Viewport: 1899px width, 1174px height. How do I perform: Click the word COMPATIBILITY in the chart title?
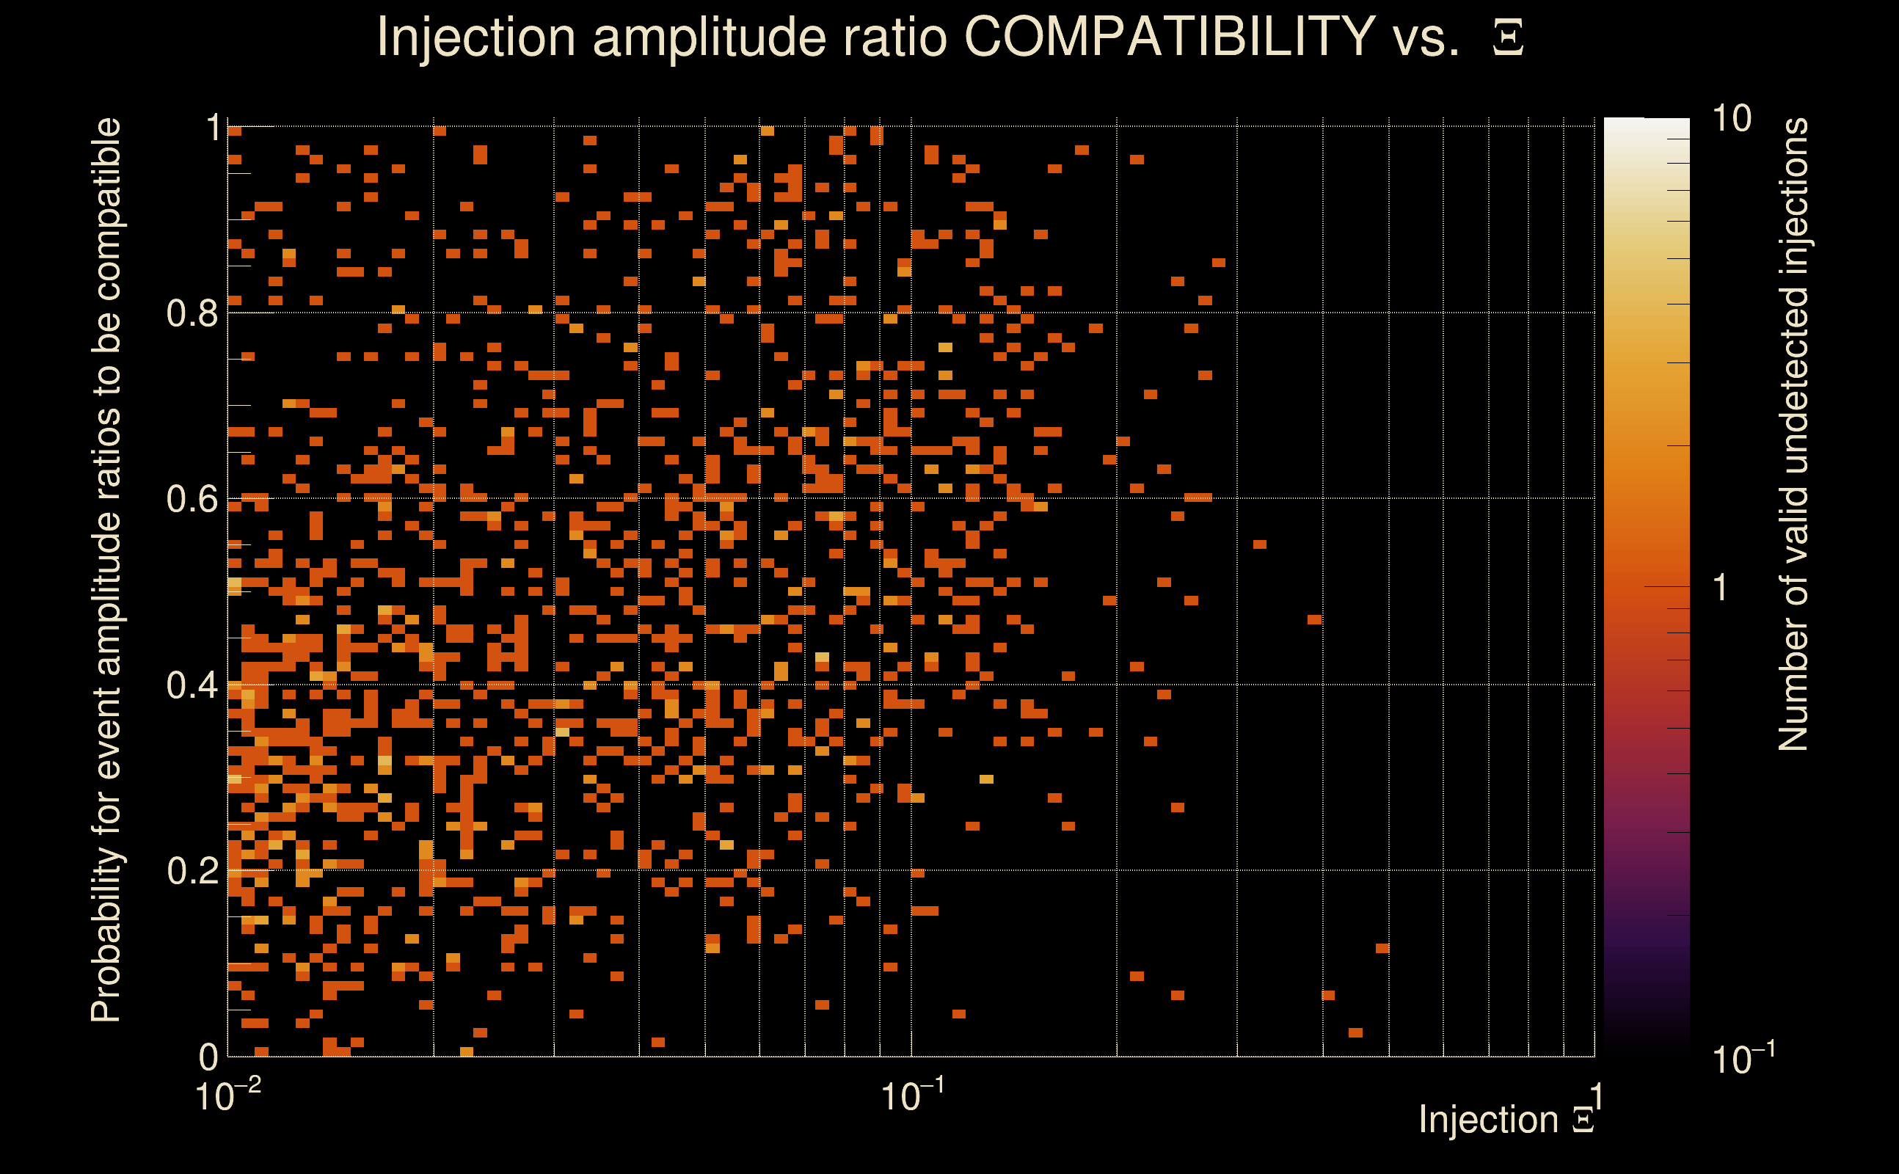pyautogui.click(x=1169, y=37)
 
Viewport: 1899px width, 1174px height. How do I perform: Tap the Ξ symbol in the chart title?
pyautogui.click(x=1508, y=38)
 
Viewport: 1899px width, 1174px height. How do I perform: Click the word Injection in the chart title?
pyautogui.click(x=475, y=37)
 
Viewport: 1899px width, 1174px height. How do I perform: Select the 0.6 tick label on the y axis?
pyautogui.click(x=192, y=498)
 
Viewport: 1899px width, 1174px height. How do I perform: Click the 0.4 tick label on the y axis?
pyautogui.click(x=192, y=685)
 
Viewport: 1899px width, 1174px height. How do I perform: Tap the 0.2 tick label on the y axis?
pyautogui.click(x=192, y=870)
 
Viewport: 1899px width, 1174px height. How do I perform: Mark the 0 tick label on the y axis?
pyautogui.click(x=208, y=1057)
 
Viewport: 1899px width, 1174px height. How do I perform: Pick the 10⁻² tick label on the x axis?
pyautogui.click(x=227, y=1095)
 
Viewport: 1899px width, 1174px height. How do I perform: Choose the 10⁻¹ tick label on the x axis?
pyautogui.click(x=912, y=1095)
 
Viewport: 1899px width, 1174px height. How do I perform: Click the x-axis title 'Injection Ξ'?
pyautogui.click(x=1506, y=1120)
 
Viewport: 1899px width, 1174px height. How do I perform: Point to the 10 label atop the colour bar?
pyautogui.click(x=1731, y=119)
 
